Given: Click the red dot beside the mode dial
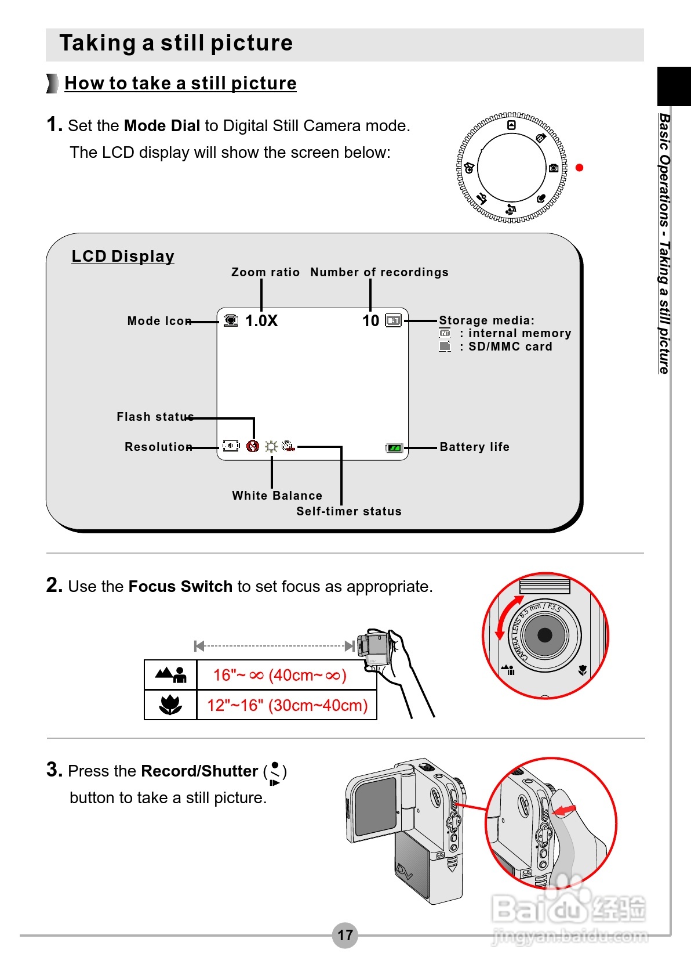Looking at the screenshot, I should tap(579, 168).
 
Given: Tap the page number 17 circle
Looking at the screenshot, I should tap(345, 935).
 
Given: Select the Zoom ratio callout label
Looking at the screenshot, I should tap(266, 272).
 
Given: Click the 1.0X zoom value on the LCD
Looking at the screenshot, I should tap(261, 321).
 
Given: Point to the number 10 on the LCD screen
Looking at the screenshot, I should tap(370, 321).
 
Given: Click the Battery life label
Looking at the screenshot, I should tap(474, 447).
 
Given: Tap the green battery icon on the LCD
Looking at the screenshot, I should tap(394, 448).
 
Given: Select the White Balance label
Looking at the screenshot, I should tap(277, 496).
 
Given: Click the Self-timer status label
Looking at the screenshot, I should tap(349, 511).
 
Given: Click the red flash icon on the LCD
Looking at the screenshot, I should tap(252, 446).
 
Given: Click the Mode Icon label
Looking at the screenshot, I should tap(159, 321).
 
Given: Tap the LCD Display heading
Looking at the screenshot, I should tap(123, 256).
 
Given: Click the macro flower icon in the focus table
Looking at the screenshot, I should tap(170, 705).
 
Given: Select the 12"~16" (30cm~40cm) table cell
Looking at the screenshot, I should tap(288, 705).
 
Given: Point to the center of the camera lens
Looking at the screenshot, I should tap(545, 635).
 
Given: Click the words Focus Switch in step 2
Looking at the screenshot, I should tap(180, 587).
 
